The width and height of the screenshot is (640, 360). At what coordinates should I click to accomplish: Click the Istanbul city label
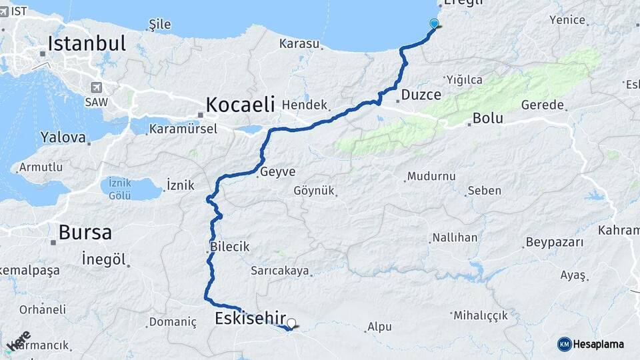87,44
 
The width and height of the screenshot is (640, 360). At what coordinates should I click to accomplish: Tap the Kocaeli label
240,105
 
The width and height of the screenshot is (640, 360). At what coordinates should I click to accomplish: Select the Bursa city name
85,233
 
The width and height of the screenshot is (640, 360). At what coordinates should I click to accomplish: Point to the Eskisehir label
250,319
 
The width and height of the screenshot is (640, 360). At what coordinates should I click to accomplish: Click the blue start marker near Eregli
435,25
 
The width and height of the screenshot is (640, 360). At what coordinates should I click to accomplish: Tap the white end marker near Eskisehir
291,323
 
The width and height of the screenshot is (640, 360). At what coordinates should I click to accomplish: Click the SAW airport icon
97,87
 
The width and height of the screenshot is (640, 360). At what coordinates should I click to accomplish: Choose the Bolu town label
487,119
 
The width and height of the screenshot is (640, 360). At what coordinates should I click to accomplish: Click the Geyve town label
277,171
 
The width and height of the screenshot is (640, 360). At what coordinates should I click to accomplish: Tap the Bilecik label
229,247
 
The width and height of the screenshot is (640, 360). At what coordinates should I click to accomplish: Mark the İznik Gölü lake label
119,189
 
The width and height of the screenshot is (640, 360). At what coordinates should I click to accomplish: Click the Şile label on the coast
159,25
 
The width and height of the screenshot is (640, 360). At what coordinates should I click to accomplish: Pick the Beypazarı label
554,241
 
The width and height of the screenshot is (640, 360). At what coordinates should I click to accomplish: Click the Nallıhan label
455,237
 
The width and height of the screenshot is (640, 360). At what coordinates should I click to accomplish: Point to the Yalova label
63,138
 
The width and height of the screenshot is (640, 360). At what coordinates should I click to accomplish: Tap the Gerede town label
543,105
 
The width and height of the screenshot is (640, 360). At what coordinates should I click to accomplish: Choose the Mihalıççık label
485,315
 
